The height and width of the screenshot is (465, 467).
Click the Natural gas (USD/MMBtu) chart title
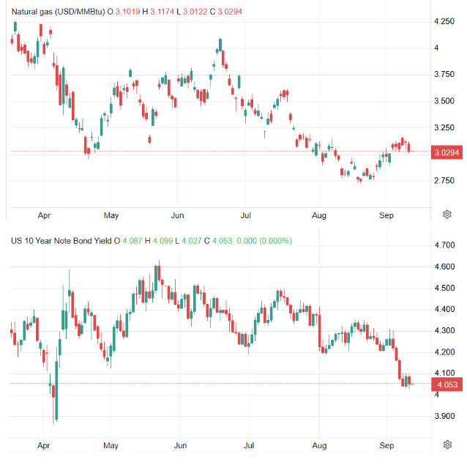click(57, 12)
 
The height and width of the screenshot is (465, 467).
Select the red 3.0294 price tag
click(446, 152)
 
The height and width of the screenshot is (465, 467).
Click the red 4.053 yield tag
click(446, 384)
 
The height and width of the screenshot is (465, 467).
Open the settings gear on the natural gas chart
click(447, 214)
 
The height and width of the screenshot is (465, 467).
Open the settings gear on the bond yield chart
click(447, 444)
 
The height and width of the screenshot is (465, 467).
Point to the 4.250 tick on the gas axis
click(445, 22)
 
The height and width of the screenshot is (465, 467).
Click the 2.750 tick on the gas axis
click(445, 180)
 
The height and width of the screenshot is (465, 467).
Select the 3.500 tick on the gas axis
click(445, 101)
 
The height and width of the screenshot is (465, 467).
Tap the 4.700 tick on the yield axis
click(445, 246)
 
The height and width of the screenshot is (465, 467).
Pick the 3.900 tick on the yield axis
click(445, 416)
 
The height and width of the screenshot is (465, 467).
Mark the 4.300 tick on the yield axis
click(445, 331)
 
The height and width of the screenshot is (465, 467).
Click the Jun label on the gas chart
click(178, 216)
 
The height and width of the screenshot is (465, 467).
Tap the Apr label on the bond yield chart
click(44, 444)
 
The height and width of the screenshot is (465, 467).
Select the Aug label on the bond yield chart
click(318, 444)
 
